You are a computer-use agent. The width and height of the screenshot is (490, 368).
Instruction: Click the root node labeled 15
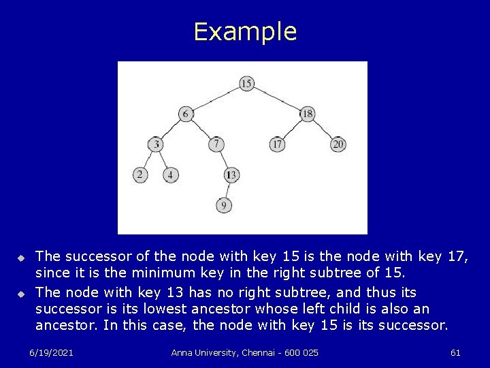(246, 83)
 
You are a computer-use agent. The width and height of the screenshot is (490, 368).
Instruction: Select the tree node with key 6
(186, 114)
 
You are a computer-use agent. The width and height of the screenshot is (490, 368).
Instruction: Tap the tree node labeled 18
(307, 114)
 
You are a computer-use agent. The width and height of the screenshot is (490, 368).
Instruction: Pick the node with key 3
(157, 144)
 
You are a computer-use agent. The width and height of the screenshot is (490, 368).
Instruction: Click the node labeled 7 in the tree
(216, 144)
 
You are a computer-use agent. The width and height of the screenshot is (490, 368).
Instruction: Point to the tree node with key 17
(277, 144)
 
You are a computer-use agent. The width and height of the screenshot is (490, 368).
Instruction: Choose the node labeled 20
(338, 144)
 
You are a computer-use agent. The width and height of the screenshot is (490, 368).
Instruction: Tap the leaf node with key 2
(140, 175)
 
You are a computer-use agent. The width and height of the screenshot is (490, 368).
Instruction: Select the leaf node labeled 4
(171, 175)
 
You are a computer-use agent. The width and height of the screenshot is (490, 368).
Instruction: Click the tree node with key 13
(231, 175)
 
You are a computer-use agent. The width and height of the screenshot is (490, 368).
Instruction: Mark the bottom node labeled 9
(224, 204)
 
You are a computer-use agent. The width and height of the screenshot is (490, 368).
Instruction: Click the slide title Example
(245, 32)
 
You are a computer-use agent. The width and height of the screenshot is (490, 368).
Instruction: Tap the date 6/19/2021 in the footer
(52, 352)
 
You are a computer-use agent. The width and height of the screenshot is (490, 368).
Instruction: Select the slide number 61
(455, 352)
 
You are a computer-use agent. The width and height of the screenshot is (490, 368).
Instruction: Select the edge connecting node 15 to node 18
(277, 99)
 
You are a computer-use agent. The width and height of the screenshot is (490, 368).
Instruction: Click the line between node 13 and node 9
(227, 190)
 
